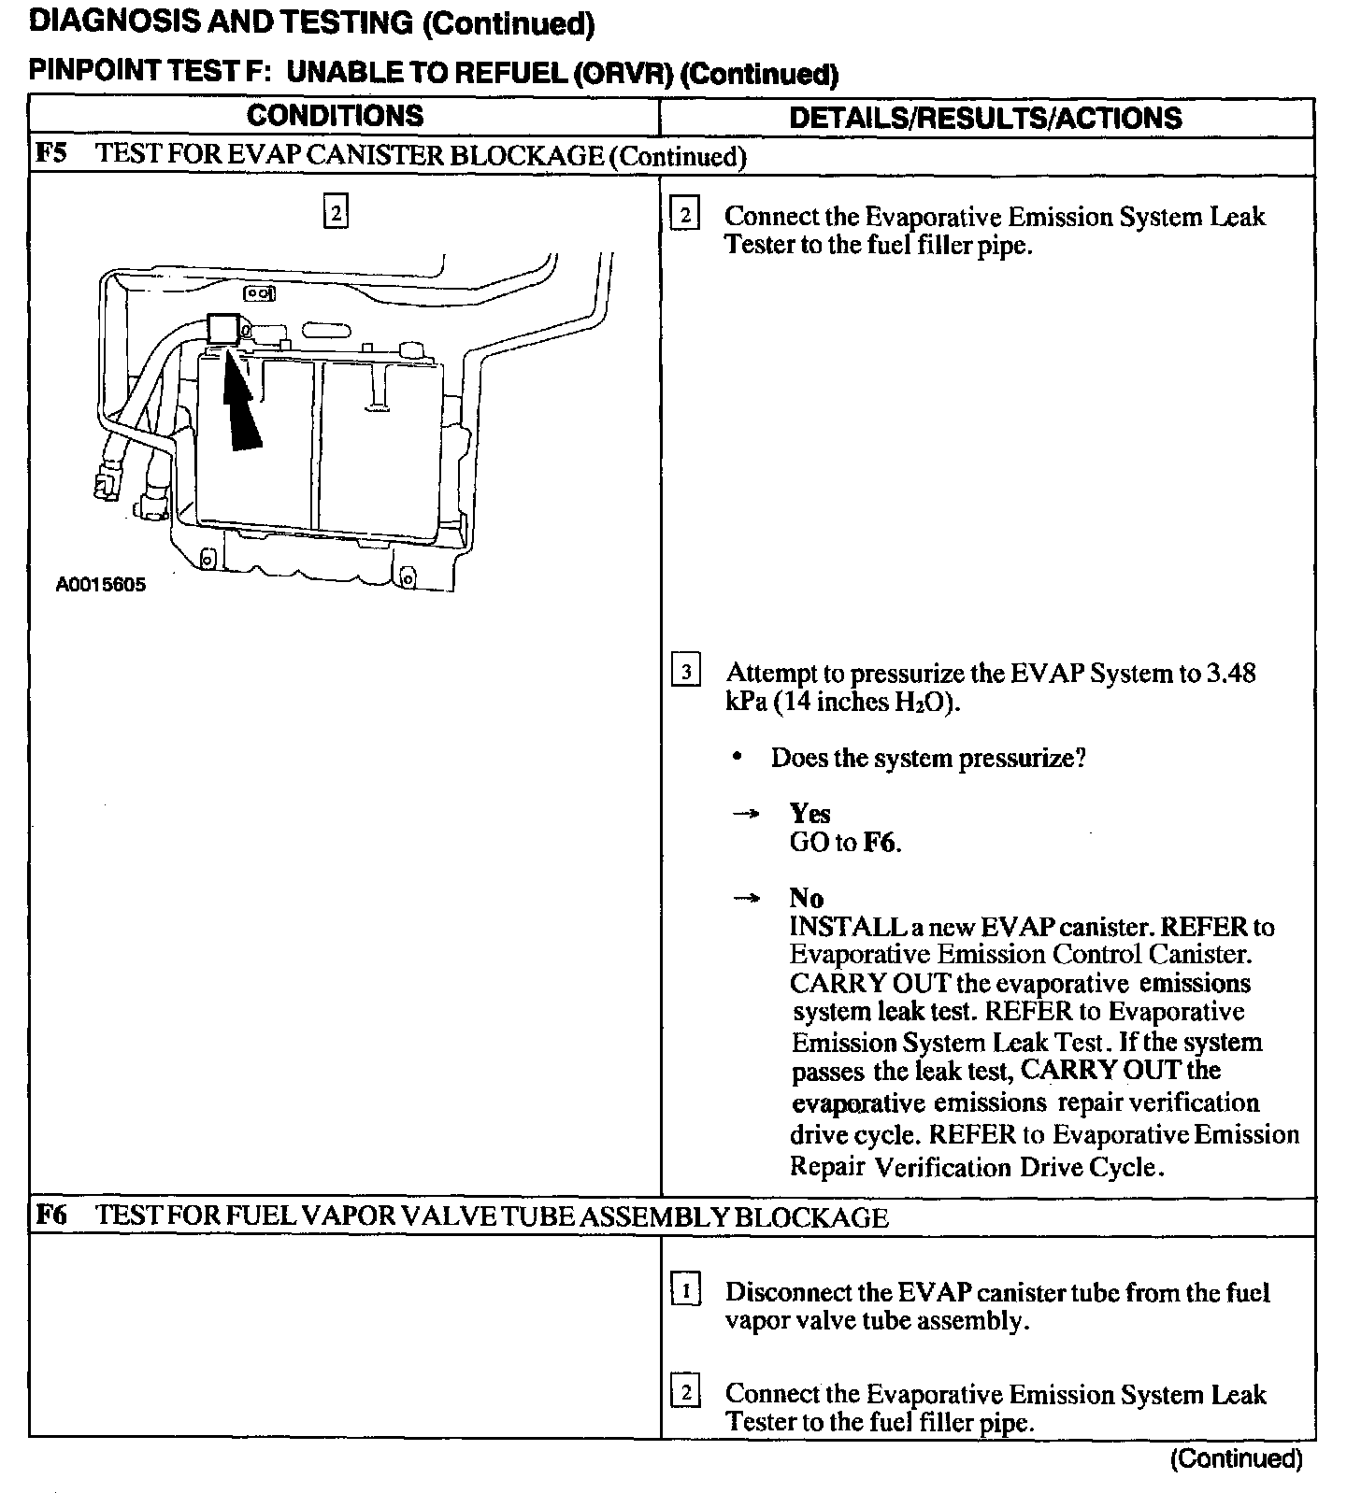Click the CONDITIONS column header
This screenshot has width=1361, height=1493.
click(x=335, y=116)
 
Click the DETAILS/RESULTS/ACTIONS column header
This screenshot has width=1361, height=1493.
click(x=985, y=118)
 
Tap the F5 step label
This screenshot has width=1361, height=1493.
click(x=51, y=154)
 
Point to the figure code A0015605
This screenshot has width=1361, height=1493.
click(x=101, y=586)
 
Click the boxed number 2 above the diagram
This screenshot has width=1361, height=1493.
click(x=335, y=212)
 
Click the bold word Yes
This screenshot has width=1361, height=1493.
click(x=809, y=813)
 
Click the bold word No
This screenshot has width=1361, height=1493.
click(x=806, y=899)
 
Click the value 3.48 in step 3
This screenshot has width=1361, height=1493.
click(x=1230, y=673)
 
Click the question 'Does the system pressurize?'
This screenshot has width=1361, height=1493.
click(x=927, y=758)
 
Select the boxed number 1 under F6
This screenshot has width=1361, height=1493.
click(x=685, y=1292)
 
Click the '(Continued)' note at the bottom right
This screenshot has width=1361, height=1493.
click(x=1236, y=1458)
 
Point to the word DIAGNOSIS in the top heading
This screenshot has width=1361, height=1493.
click(x=104, y=22)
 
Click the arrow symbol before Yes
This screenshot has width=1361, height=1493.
click(x=744, y=814)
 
